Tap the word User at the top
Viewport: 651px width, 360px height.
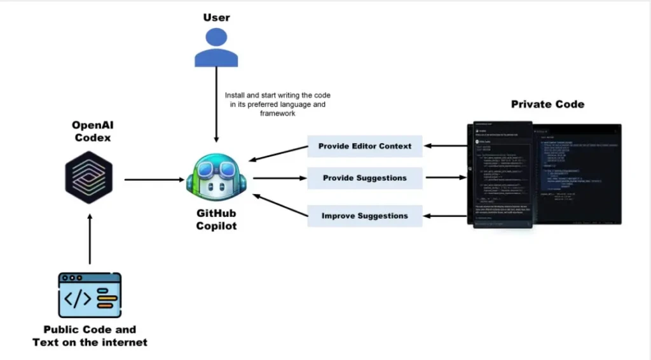point(216,17)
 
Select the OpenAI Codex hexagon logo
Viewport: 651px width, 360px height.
point(89,180)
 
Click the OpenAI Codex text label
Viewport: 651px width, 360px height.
point(92,131)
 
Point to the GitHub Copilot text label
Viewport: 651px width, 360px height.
point(216,220)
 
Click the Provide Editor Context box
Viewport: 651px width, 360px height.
point(365,146)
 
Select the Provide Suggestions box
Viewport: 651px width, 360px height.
point(365,178)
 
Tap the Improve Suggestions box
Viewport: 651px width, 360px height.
point(365,216)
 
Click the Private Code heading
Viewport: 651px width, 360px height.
point(547,104)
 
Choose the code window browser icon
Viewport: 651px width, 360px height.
point(90,295)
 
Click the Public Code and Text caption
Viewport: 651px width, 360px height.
point(90,336)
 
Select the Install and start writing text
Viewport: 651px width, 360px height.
point(278,102)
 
